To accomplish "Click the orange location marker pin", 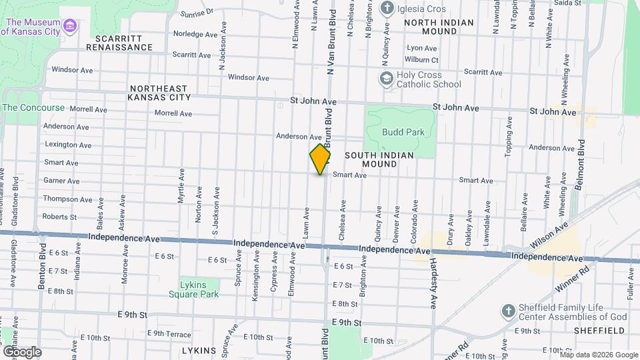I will [321, 159].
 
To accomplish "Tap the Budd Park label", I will [403, 132].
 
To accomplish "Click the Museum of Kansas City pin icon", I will [71, 26].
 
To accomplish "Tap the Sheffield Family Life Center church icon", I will [509, 311].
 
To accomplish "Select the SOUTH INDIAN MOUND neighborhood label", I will [379, 159].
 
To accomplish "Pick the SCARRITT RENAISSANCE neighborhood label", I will [119, 43].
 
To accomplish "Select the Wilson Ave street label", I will [552, 234].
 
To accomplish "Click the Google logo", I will [21, 351].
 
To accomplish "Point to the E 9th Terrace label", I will [169, 333].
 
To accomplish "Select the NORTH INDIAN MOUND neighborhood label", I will [439, 27].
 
